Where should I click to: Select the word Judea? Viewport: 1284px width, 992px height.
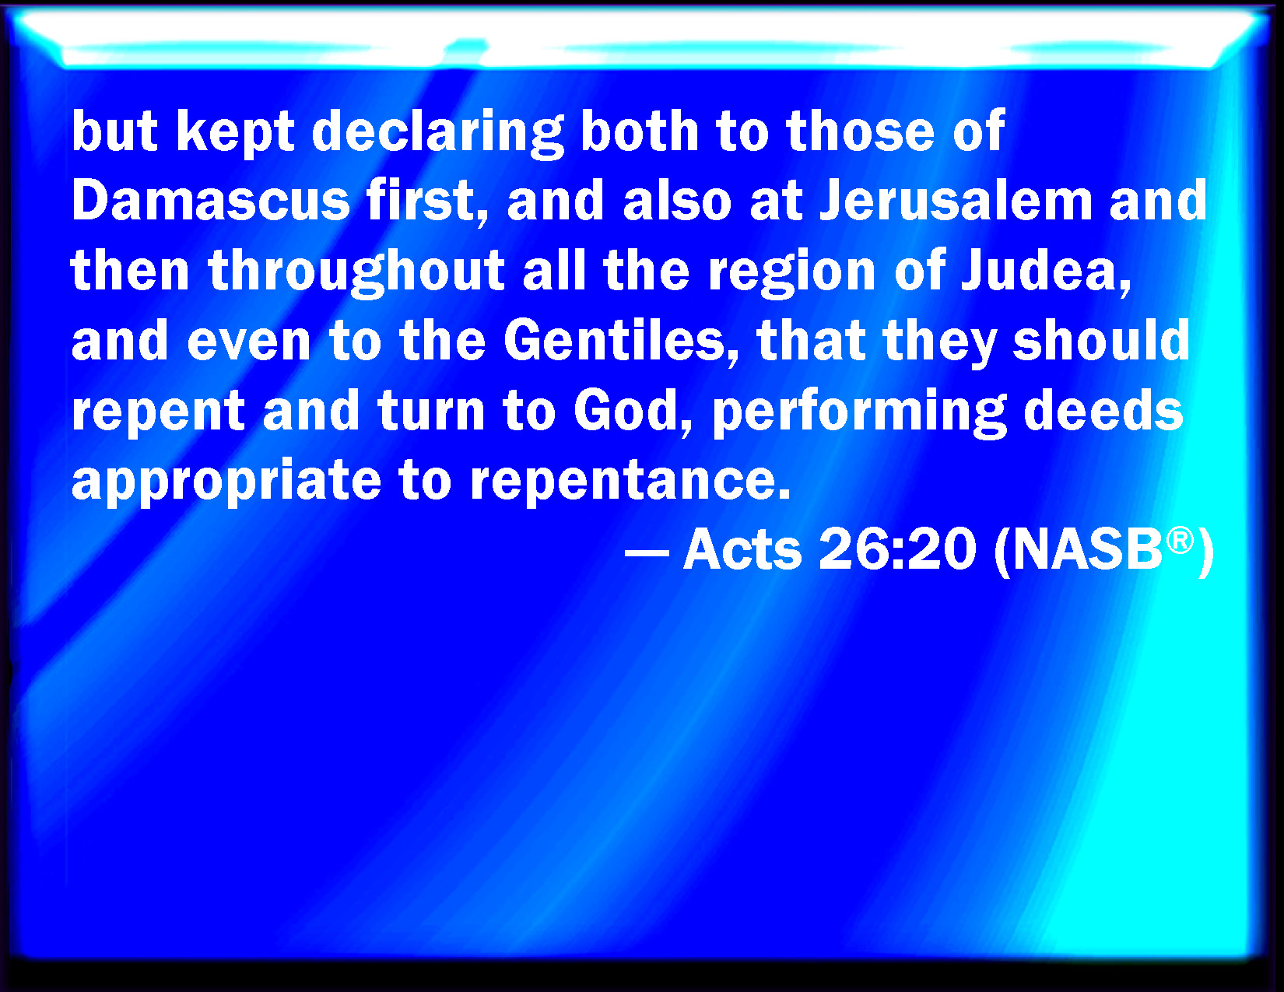coord(1045,271)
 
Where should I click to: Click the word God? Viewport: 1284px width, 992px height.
coord(633,412)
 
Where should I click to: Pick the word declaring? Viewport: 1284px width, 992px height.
coord(438,131)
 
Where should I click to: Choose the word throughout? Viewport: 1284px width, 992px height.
coord(356,272)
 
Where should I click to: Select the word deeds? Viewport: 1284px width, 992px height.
coord(1103,411)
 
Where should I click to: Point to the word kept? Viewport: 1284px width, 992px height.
coord(235,133)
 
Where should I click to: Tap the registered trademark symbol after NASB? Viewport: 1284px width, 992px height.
coord(1180,541)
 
